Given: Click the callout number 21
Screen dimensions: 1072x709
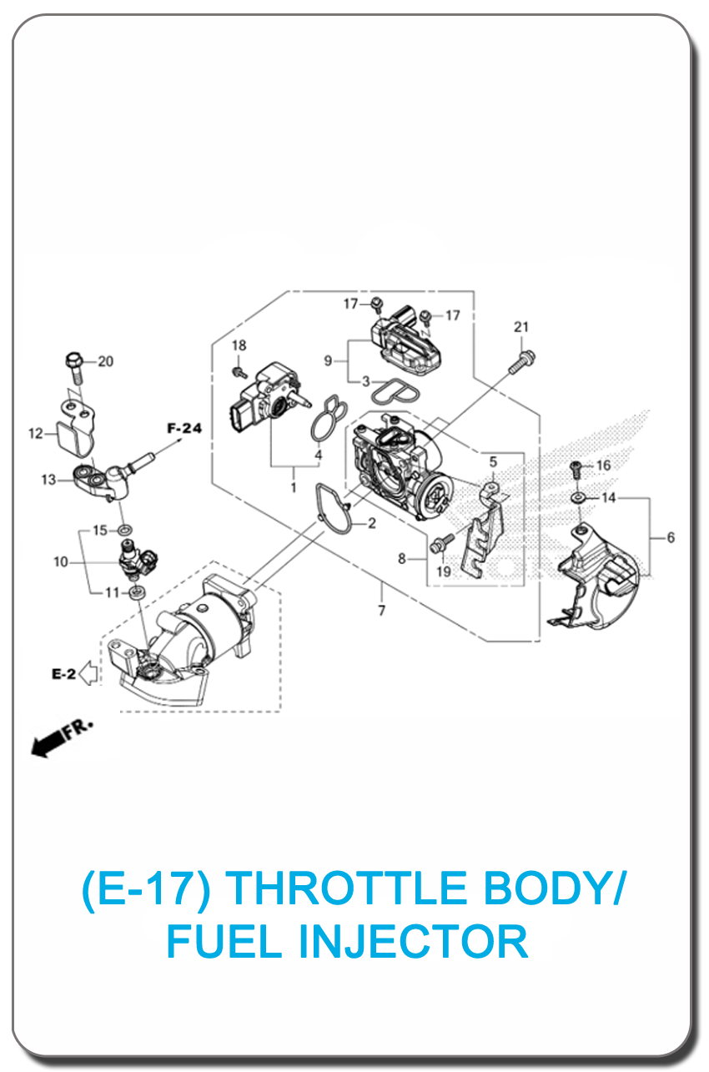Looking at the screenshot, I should coord(521,327).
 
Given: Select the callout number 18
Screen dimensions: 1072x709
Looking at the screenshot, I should coord(239,345).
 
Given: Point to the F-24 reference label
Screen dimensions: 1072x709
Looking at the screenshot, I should coord(184,429).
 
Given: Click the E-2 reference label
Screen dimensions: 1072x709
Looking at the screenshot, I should coord(64,674).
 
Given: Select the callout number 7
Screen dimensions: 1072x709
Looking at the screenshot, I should coord(381,611).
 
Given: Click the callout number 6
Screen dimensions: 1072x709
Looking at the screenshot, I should coord(671,538).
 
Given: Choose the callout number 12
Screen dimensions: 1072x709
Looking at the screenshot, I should coord(36,433).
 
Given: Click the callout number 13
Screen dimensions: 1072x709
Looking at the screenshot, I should coord(48,480).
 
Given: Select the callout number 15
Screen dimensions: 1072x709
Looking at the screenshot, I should coord(99,531).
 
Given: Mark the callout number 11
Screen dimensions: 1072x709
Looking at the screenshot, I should coord(111,593).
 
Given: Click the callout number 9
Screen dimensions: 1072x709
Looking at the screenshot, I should coord(328,360).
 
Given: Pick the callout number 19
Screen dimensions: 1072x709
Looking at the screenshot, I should coord(442,571).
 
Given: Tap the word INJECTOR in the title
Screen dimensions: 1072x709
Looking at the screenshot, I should coord(413,941).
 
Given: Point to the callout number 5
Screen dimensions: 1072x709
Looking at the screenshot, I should coord(493,461).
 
